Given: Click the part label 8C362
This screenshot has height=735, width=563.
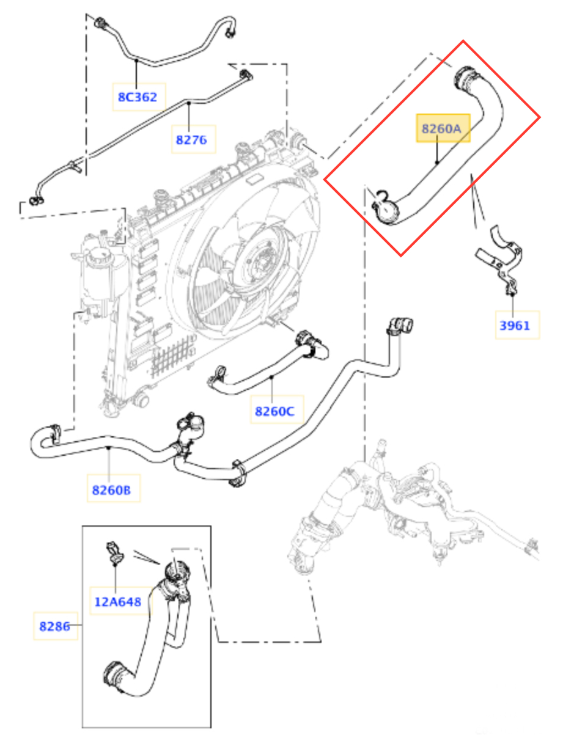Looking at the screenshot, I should (x=138, y=97).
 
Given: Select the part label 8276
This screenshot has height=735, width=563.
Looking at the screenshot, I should (x=191, y=140).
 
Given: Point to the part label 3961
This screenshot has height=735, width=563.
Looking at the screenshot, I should (x=515, y=325).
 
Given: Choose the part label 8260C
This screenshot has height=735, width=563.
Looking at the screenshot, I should (x=274, y=411).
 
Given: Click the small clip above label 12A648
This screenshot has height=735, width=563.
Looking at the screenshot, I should (x=114, y=550).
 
